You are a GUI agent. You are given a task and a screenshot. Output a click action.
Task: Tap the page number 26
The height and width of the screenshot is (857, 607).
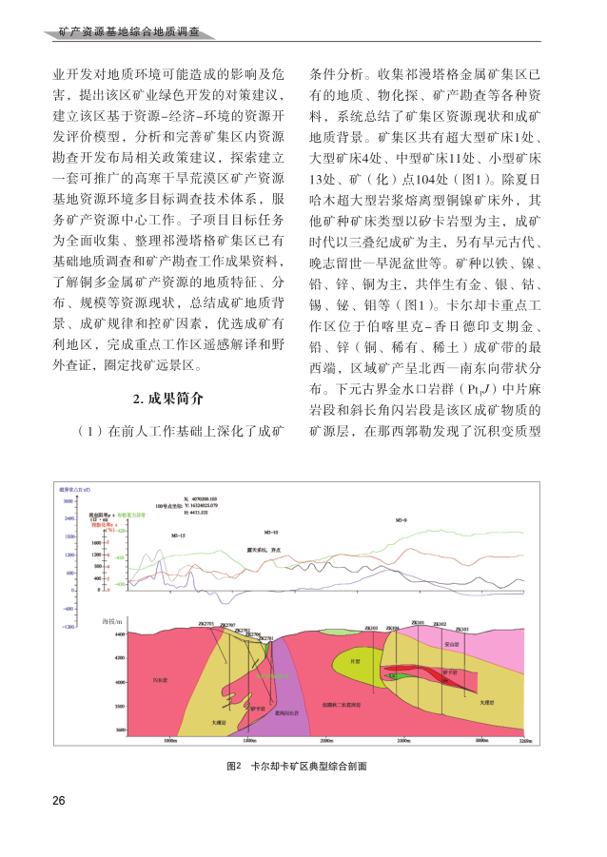[x=59, y=799]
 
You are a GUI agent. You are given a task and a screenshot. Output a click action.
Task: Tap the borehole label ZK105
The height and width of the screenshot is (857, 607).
[x=371, y=628]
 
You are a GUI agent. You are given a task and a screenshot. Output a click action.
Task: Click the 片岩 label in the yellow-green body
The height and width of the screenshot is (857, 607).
[x=355, y=660]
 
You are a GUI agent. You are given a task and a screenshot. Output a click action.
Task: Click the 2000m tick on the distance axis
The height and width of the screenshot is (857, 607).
[x=325, y=739]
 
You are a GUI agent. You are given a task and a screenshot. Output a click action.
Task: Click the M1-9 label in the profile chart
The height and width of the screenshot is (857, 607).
[x=401, y=522]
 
